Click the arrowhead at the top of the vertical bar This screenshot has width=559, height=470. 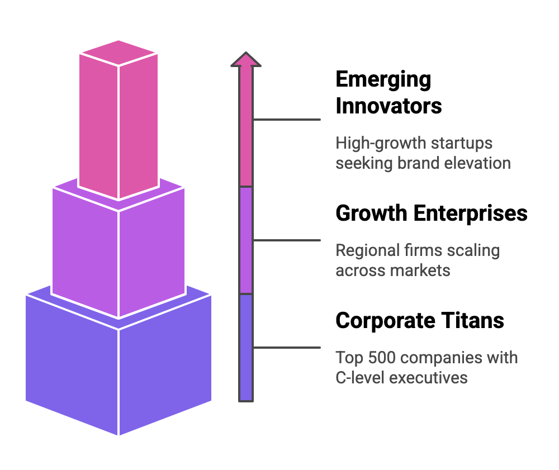coord(246,60)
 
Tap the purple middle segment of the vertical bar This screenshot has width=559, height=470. coord(246,240)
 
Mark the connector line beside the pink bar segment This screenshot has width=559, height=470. coord(287,120)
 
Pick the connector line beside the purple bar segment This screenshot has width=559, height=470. coord(287,240)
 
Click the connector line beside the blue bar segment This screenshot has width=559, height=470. coord(287,348)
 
